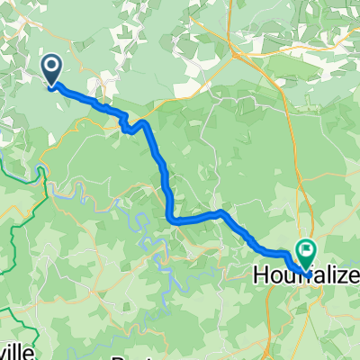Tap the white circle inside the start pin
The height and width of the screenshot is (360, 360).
[x=50, y=65]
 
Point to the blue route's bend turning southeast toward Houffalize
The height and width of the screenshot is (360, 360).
[x=221, y=212]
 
